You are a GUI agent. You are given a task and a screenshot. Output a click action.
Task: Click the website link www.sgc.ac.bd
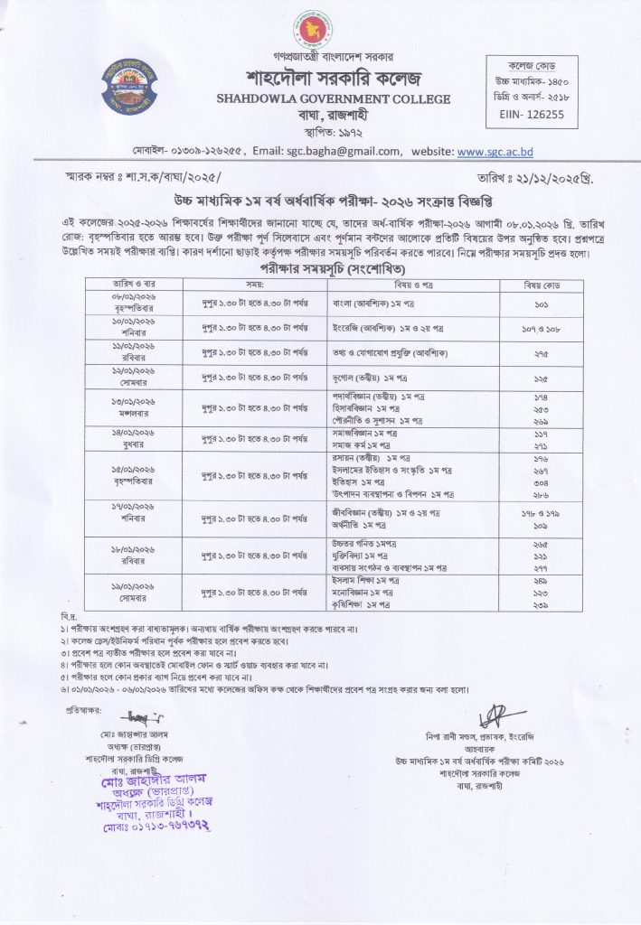tap(495, 152)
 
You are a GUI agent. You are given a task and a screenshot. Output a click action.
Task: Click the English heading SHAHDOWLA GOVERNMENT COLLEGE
tap(320, 99)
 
